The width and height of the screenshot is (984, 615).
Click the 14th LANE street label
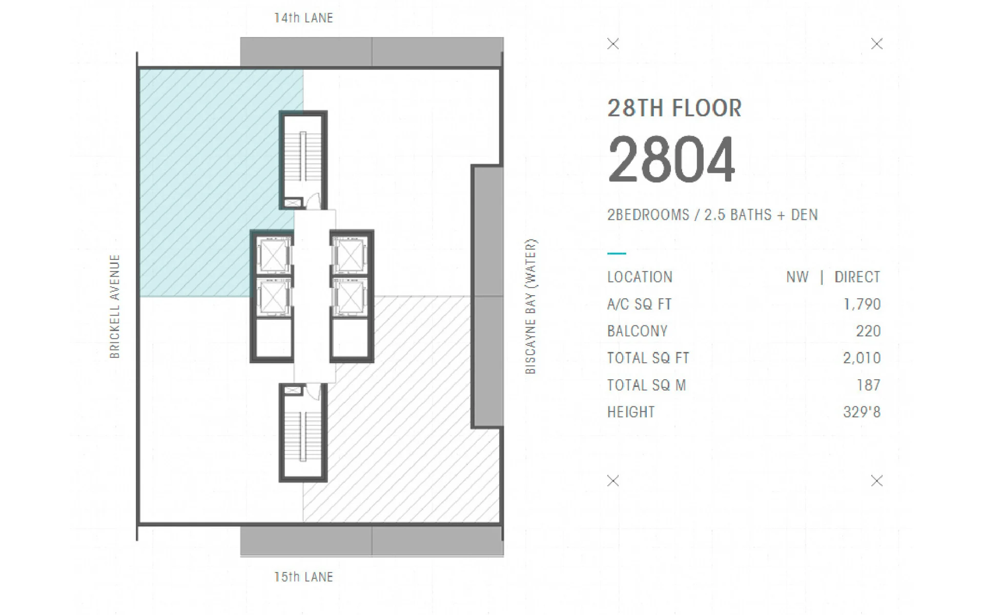(x=303, y=18)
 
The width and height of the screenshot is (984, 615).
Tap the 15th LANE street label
(x=303, y=577)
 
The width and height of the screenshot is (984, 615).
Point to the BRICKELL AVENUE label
(x=115, y=306)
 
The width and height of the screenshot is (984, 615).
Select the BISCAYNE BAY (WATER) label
(x=531, y=306)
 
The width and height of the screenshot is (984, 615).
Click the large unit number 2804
(x=671, y=159)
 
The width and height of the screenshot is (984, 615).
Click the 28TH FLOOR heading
(x=674, y=108)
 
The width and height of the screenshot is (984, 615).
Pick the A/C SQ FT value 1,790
(x=862, y=304)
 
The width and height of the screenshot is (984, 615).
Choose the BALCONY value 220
(x=868, y=331)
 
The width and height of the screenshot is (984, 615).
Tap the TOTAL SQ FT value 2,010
(x=862, y=358)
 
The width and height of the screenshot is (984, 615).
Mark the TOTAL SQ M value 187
(x=869, y=385)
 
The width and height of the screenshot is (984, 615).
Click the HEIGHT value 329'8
(x=862, y=412)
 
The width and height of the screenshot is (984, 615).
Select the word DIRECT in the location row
(x=857, y=277)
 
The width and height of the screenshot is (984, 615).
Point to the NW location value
(x=797, y=277)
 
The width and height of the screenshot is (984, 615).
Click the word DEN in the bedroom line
(x=804, y=215)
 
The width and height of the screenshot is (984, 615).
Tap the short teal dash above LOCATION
(x=617, y=253)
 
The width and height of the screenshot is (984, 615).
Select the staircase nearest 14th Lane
(x=303, y=160)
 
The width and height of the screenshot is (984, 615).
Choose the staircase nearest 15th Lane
(x=303, y=433)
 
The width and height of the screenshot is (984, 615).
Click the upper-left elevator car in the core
(x=273, y=255)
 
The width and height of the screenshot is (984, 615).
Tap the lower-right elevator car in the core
(x=350, y=297)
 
